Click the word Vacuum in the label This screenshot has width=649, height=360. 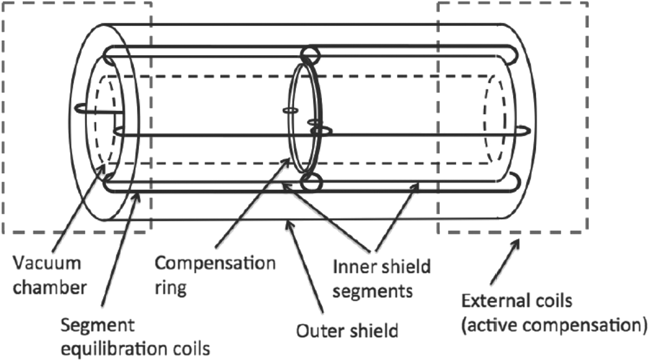(47, 263)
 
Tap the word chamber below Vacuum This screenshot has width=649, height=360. (50, 288)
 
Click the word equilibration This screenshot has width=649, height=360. (114, 348)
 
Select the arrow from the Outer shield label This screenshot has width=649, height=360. (304, 267)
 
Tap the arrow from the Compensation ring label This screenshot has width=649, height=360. (252, 203)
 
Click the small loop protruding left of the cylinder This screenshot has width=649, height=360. (80, 108)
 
